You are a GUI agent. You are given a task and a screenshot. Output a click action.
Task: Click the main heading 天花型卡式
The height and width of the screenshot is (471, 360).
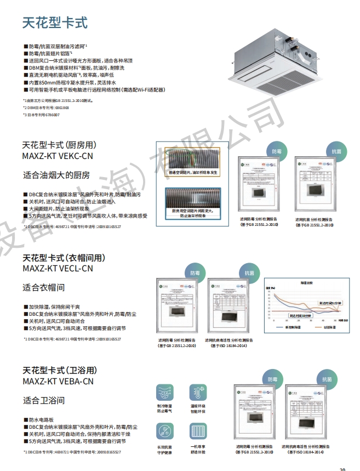point(55,22)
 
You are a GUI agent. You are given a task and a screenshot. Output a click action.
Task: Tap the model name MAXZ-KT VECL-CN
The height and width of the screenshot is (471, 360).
point(58,269)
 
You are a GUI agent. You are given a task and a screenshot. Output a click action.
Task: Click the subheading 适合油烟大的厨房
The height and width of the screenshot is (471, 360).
point(56,175)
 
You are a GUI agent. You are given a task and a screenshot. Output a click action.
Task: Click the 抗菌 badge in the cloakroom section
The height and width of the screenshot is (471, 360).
point(247,273)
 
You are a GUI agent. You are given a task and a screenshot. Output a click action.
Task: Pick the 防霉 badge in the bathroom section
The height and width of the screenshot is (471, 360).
point(272,379)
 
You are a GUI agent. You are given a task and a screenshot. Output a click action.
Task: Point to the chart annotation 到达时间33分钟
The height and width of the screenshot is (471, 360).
point(301,315)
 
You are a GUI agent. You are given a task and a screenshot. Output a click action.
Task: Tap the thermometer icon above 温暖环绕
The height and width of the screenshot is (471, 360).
point(197,393)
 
